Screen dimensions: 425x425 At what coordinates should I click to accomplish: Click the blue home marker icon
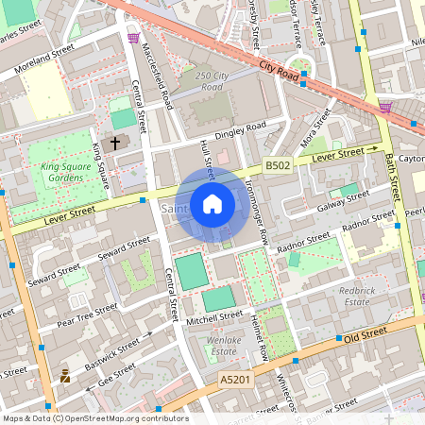point(212,204)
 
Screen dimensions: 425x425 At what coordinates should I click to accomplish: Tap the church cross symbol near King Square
point(116,144)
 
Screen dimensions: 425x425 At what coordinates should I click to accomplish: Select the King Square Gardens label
point(70,173)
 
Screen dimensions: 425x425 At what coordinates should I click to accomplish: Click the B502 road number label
point(277,165)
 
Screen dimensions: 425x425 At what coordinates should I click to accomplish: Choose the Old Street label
point(366,335)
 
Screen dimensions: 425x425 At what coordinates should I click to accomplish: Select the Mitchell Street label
point(214,319)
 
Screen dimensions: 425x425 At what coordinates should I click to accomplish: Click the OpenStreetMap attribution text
point(94,417)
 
